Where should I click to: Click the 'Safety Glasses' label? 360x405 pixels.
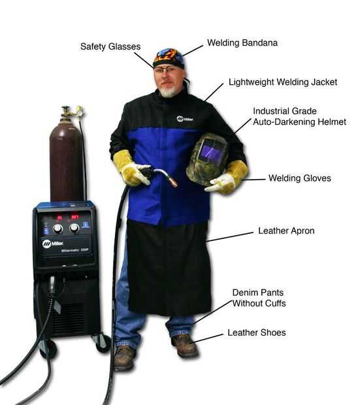coord(110,46)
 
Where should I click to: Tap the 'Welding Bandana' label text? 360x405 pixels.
coord(242,43)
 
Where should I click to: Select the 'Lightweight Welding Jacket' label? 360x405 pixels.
coord(283,82)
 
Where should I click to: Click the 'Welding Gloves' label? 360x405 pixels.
coord(300,178)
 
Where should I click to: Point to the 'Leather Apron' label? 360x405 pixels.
coord(286,231)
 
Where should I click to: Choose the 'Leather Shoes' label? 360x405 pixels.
coord(257,332)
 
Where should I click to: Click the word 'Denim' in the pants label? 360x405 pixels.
coord(244,293)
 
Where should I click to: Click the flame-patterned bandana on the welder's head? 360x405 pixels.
coord(169,58)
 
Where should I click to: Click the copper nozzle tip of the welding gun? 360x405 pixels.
coord(173,182)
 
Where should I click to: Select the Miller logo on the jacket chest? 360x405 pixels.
coord(185,119)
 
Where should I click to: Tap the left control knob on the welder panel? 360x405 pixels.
coord(57,229)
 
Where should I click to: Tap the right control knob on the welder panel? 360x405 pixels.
coord(74,228)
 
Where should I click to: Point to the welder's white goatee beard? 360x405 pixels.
coord(167,92)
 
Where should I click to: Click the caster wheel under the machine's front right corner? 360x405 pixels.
coord(103,344)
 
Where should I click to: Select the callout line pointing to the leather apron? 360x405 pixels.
coord(229,237)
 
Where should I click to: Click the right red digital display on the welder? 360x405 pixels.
coord(74,217)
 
